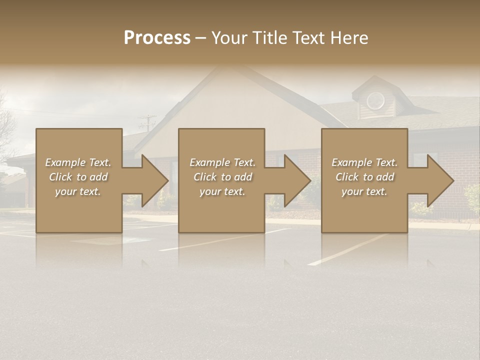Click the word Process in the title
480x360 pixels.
(x=157, y=38)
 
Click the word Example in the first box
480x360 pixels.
(x=65, y=162)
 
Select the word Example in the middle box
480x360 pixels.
(x=209, y=162)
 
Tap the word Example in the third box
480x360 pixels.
(x=351, y=162)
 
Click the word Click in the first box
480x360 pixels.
(x=60, y=177)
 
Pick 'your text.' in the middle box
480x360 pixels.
(x=222, y=191)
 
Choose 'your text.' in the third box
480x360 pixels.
(x=364, y=191)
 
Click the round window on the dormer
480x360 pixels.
(x=375, y=101)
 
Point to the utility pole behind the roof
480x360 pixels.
(x=147, y=123)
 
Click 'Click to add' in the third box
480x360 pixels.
(x=364, y=177)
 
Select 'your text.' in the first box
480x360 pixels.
(x=78, y=191)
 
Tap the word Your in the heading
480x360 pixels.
(x=229, y=38)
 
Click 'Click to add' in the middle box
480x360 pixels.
(x=222, y=177)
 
